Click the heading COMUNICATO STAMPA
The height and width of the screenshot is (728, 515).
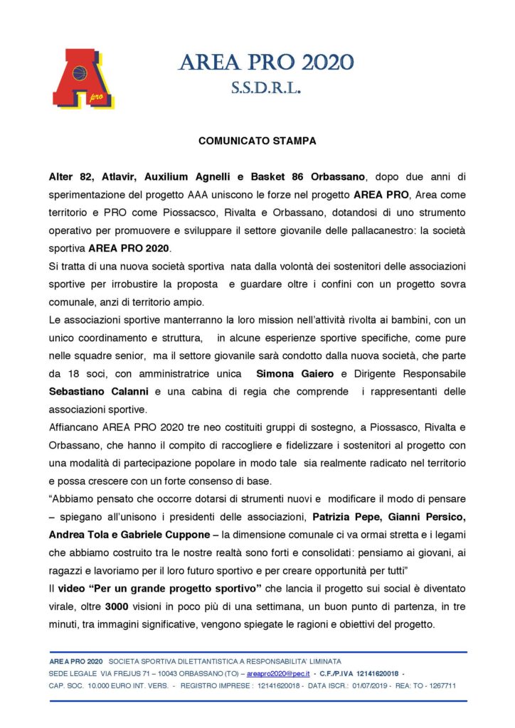pyautogui.click(x=257, y=141)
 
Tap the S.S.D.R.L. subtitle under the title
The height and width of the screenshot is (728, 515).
pyautogui.click(x=265, y=89)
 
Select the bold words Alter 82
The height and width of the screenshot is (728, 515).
pyautogui.click(x=70, y=176)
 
